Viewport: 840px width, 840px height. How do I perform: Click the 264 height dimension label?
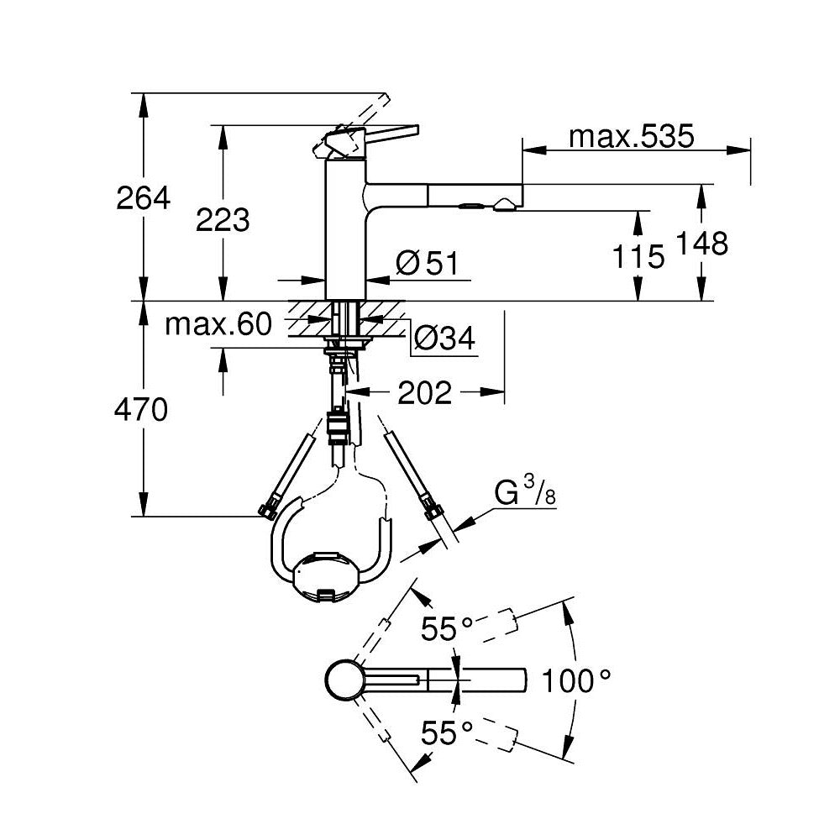point(144,198)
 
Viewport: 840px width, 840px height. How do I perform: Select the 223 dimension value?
point(223,220)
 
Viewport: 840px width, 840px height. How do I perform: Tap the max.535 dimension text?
point(631,136)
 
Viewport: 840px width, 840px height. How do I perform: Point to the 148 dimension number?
point(703,244)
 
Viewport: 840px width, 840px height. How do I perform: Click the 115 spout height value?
point(638,256)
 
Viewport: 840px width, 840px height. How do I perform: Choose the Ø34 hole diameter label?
point(444,339)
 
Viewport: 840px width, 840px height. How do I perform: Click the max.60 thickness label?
point(218,324)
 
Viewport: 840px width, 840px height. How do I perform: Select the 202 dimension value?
point(424,392)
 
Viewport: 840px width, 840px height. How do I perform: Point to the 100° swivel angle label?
point(575,680)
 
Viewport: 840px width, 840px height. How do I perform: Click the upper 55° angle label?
point(448,628)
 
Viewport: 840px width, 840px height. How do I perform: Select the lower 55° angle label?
point(448,733)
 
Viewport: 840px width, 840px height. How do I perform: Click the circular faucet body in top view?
point(344,680)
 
